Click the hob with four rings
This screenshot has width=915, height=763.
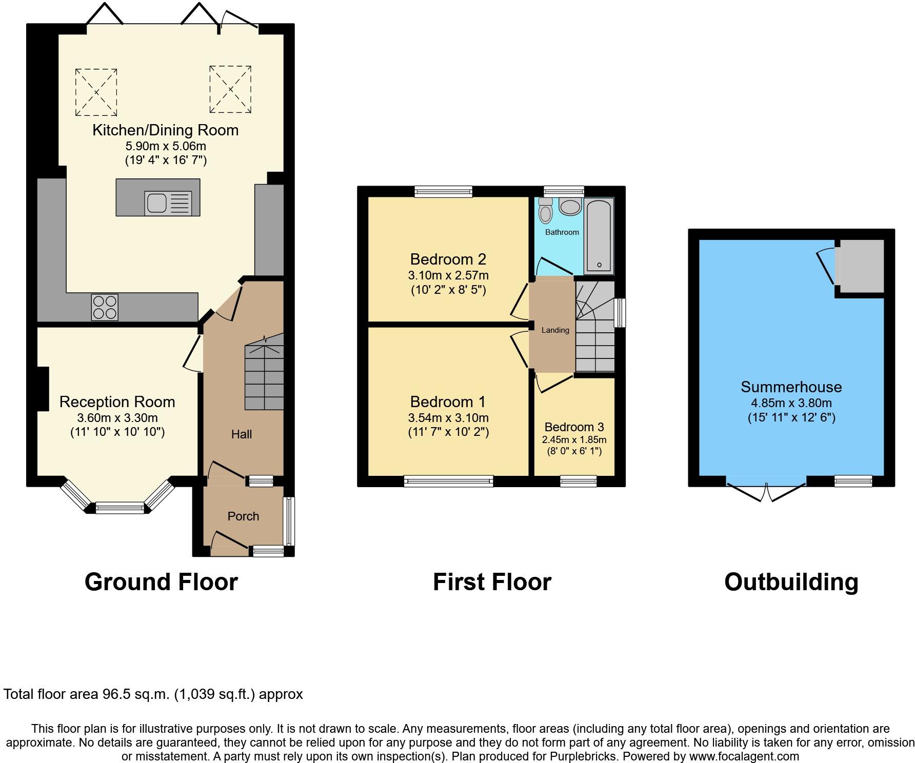point(105,307)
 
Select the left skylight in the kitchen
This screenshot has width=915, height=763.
point(96,92)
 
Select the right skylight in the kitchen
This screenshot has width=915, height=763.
point(230,90)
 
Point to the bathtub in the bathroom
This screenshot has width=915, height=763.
point(599,235)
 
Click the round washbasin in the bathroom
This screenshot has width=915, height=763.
point(569,207)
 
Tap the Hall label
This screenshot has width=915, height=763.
point(241,434)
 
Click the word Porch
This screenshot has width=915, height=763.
point(243,516)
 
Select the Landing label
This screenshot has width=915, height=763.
point(555,330)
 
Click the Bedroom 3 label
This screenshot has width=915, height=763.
point(574,427)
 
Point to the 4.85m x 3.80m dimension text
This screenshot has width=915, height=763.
point(791,403)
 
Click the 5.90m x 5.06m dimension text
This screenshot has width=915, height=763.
point(165,146)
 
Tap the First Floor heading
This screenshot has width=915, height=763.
point(492,582)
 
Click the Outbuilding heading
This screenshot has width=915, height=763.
point(791,582)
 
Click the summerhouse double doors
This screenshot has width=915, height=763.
point(766,490)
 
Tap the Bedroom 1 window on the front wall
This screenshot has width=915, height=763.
point(448,481)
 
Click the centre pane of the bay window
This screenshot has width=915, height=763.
point(121,508)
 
